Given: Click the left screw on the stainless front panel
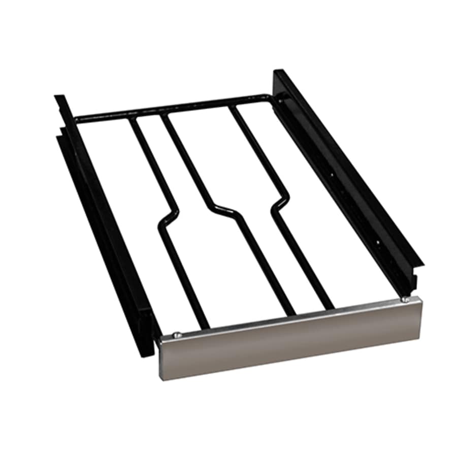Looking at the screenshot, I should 176,334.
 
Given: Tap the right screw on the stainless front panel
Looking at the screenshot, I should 405,300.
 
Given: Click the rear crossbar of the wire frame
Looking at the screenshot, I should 173,107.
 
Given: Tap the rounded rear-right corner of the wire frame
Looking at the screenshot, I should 268,97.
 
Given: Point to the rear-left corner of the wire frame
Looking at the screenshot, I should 76,120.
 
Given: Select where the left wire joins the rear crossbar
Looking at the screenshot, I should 133,120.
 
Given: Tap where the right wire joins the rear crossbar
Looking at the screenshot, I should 233,108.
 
